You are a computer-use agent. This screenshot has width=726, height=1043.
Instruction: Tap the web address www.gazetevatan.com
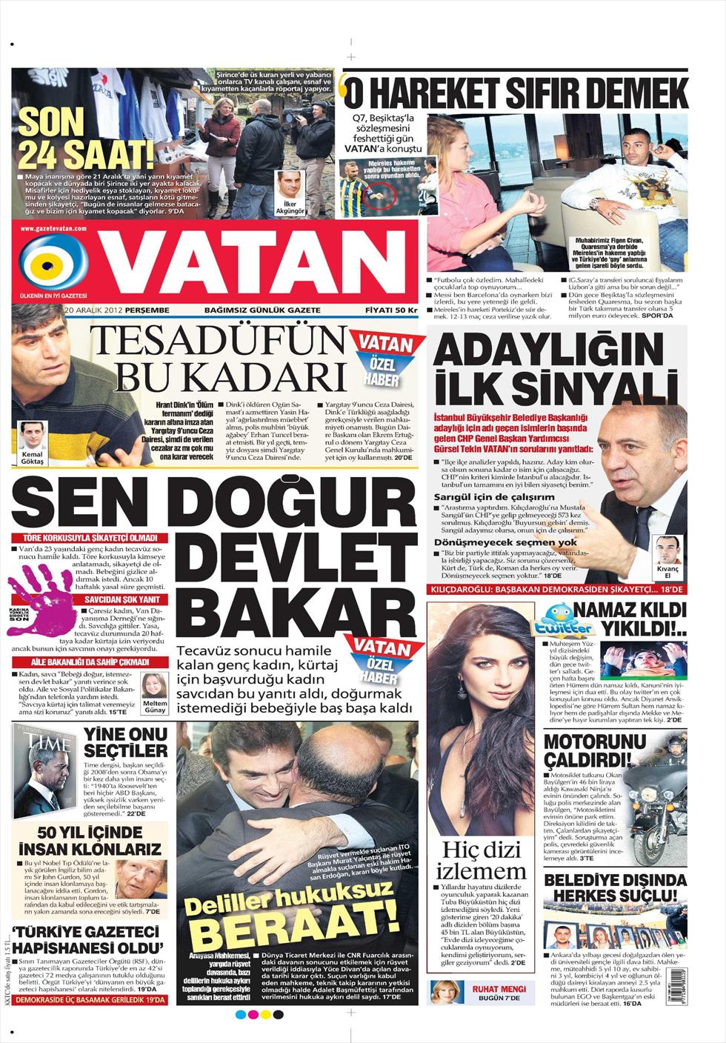(54, 230)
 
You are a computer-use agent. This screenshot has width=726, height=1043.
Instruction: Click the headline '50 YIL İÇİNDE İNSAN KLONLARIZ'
(90, 839)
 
